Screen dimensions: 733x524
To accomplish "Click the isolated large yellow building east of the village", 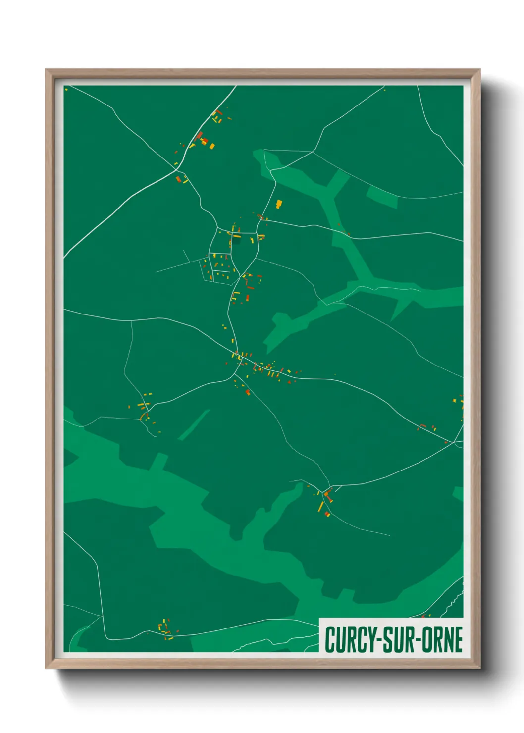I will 279,204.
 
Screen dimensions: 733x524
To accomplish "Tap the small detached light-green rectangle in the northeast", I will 382,197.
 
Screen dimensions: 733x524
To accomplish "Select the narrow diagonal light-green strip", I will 194,425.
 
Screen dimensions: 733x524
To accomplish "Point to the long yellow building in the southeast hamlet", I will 321,507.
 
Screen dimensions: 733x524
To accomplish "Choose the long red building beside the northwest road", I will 199,136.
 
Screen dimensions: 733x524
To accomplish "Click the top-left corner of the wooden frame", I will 47,70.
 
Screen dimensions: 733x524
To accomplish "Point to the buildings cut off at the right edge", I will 460,401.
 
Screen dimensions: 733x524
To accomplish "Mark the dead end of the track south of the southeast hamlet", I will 390,535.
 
